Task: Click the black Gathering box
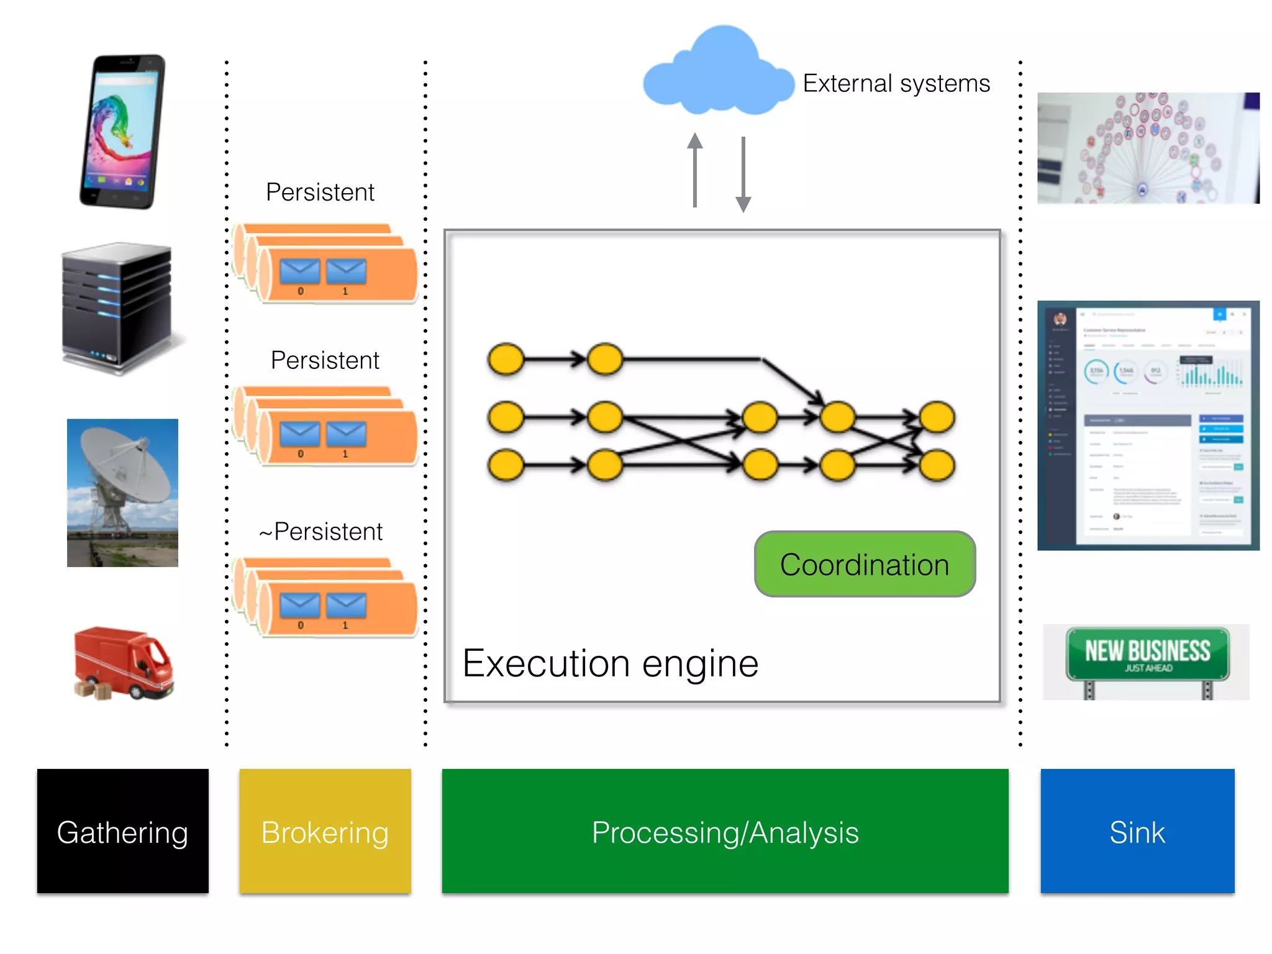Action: tap(122, 831)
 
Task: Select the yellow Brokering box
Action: tap(325, 831)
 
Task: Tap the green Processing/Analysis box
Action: tap(725, 831)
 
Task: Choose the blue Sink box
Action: tap(1137, 831)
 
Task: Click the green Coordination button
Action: tap(865, 564)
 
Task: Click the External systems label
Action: tap(896, 83)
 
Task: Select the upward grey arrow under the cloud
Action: tap(695, 170)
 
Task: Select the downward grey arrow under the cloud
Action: tap(743, 175)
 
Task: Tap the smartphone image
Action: tap(123, 132)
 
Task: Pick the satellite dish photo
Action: tap(122, 493)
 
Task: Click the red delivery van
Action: tap(124, 663)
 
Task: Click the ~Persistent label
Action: tap(320, 532)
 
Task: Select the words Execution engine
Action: tap(611, 663)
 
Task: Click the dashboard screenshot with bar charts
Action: tap(1148, 425)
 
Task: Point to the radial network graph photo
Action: tap(1148, 148)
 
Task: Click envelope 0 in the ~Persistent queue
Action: tap(300, 606)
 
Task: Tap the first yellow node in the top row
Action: tap(506, 359)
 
